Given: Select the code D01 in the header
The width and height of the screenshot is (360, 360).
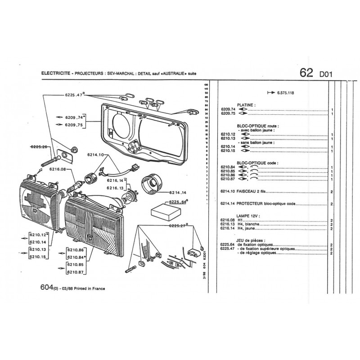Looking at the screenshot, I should pos(326,75).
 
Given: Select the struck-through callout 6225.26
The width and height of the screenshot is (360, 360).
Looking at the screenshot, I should pos(39,147).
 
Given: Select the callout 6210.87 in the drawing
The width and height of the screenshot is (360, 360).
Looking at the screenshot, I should pos(76,272).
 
